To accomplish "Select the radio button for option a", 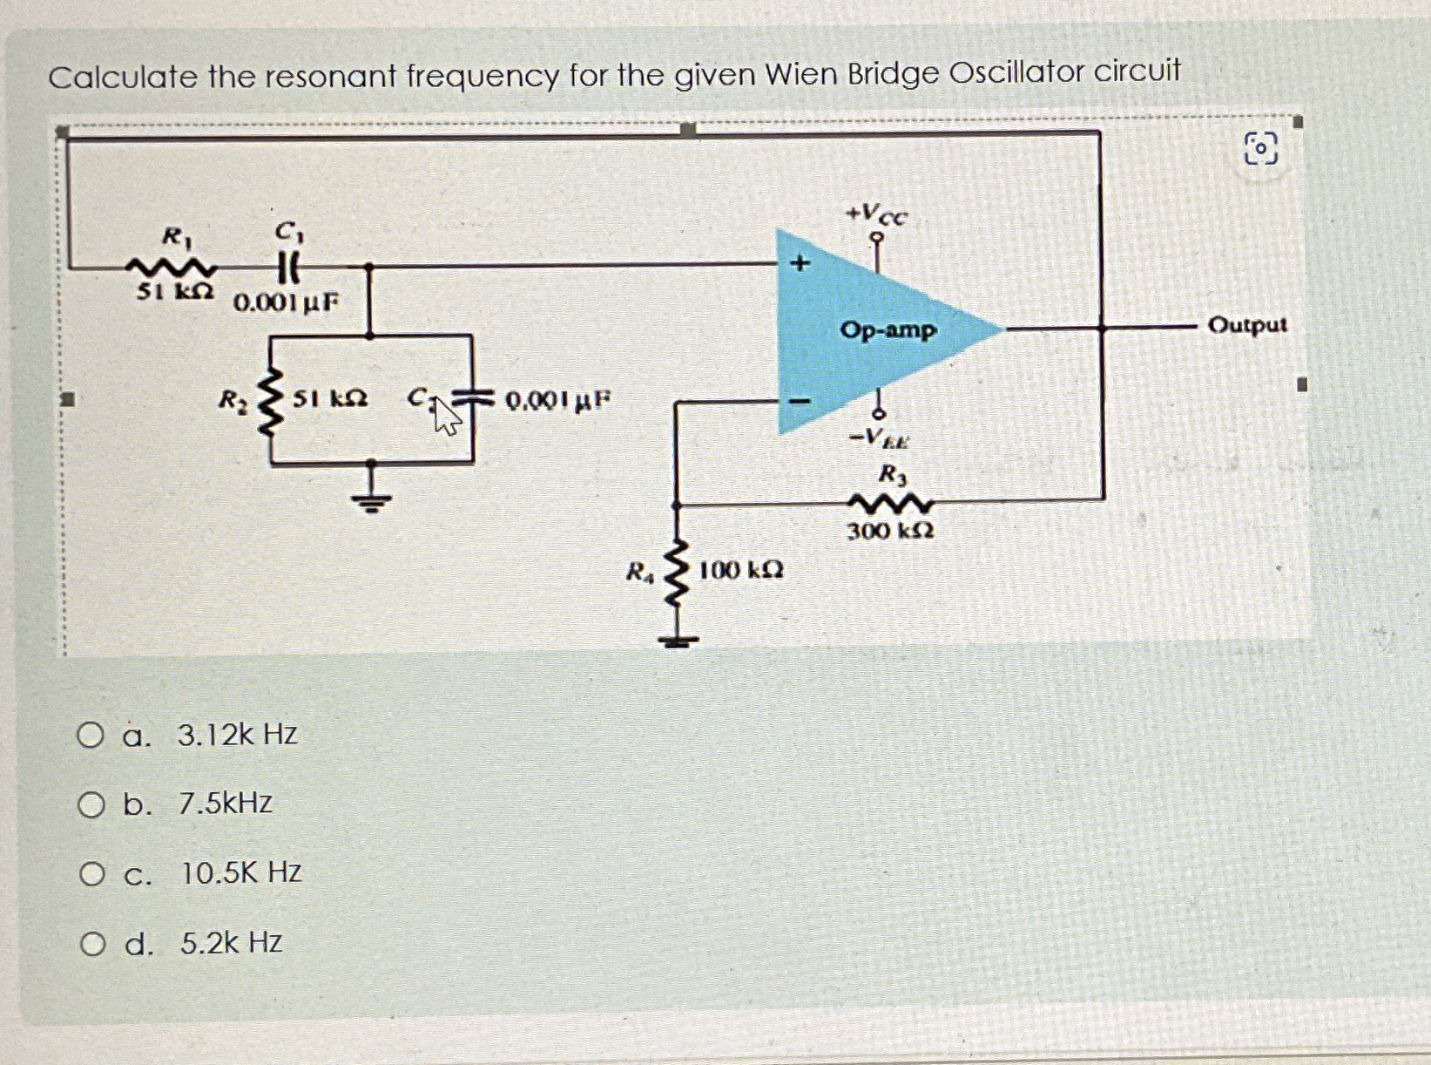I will (90, 736).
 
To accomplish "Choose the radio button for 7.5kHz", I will (91, 804).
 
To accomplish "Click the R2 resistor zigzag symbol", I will (272, 402).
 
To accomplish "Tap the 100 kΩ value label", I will (741, 571).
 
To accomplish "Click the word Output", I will (1246, 325).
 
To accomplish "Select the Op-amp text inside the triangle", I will (888, 331).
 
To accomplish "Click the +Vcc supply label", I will (878, 214).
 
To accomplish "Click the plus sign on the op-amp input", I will (800, 262).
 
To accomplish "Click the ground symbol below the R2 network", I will (372, 499).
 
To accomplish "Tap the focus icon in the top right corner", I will (1260, 149).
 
